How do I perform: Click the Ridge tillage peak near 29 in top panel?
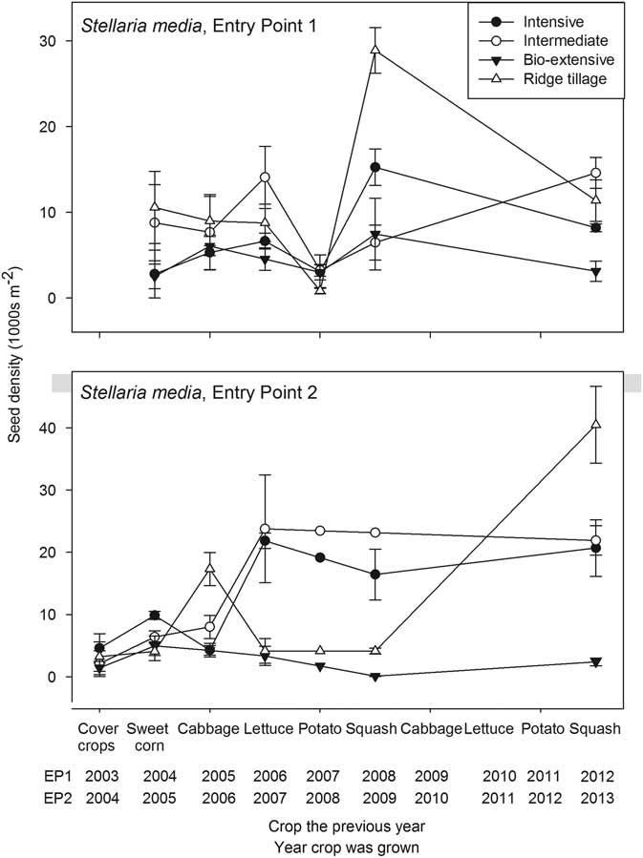click(x=375, y=50)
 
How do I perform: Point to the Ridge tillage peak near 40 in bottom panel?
click(x=596, y=424)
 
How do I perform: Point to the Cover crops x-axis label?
click(x=97, y=736)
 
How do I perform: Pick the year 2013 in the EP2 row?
click(x=596, y=798)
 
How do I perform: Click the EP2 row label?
click(x=32, y=798)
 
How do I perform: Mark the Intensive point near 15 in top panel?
click(x=375, y=167)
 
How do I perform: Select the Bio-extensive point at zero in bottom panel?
click(x=375, y=676)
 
